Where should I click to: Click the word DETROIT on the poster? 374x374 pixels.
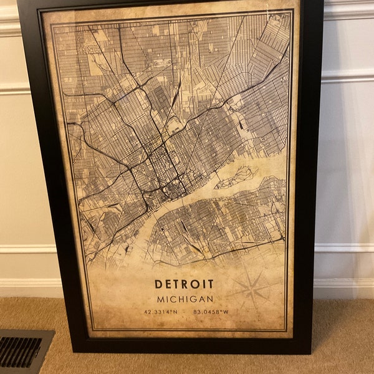[185, 284]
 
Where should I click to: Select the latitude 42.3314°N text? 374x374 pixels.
[163, 313]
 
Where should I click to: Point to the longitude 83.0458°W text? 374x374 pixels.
[211, 313]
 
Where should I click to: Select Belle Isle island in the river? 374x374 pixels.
[236, 177]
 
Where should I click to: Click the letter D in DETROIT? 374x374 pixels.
[158, 284]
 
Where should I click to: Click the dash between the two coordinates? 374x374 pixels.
[187, 313]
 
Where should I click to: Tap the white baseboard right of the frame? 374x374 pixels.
[343, 287]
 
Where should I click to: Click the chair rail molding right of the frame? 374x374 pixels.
[346, 78]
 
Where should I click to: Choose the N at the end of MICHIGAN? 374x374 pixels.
[210, 299]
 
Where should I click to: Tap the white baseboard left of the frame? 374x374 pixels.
[25, 287]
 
